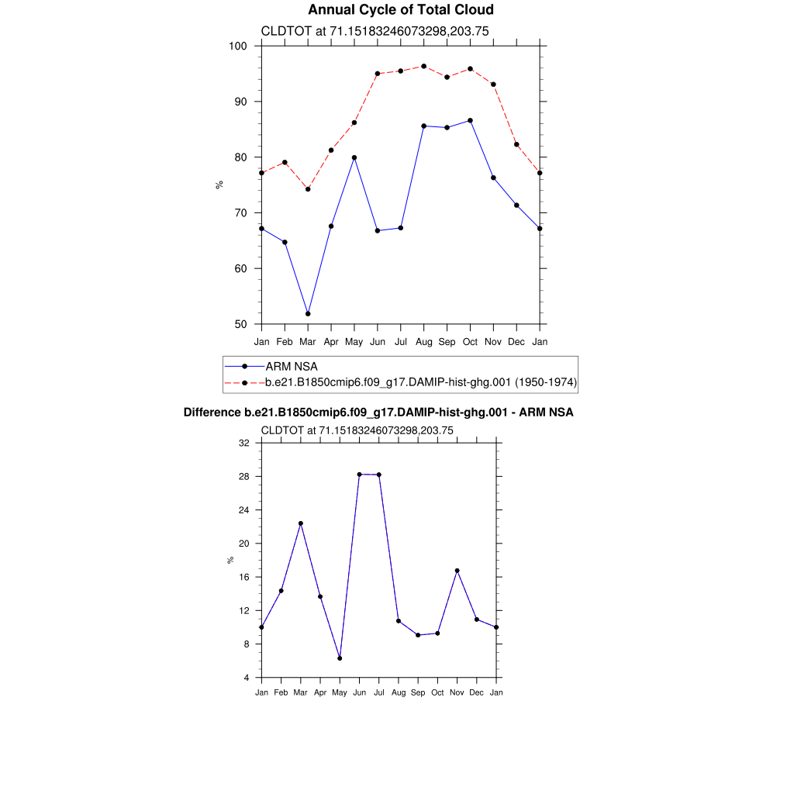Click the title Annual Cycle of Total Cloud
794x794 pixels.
[x=400, y=10]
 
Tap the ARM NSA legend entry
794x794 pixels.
[x=291, y=366]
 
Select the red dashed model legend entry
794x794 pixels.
[x=421, y=382]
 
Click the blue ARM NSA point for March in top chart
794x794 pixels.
[x=308, y=313]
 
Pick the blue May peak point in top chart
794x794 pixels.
[x=354, y=157]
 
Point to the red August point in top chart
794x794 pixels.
[x=423, y=66]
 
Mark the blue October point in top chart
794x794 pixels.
[x=470, y=120]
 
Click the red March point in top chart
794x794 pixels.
[x=308, y=189]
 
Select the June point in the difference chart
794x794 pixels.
[x=359, y=474]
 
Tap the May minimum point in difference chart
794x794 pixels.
[x=340, y=658]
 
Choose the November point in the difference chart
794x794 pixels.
[x=457, y=571]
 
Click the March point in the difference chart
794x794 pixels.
[x=301, y=523]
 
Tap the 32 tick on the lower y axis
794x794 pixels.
[x=243, y=443]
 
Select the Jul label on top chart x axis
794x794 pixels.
[x=401, y=342]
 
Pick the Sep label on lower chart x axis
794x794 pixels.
[x=418, y=692]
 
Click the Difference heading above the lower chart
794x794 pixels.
[x=378, y=413]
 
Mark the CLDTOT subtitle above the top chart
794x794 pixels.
[x=375, y=31]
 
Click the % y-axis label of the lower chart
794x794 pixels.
[x=230, y=560]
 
